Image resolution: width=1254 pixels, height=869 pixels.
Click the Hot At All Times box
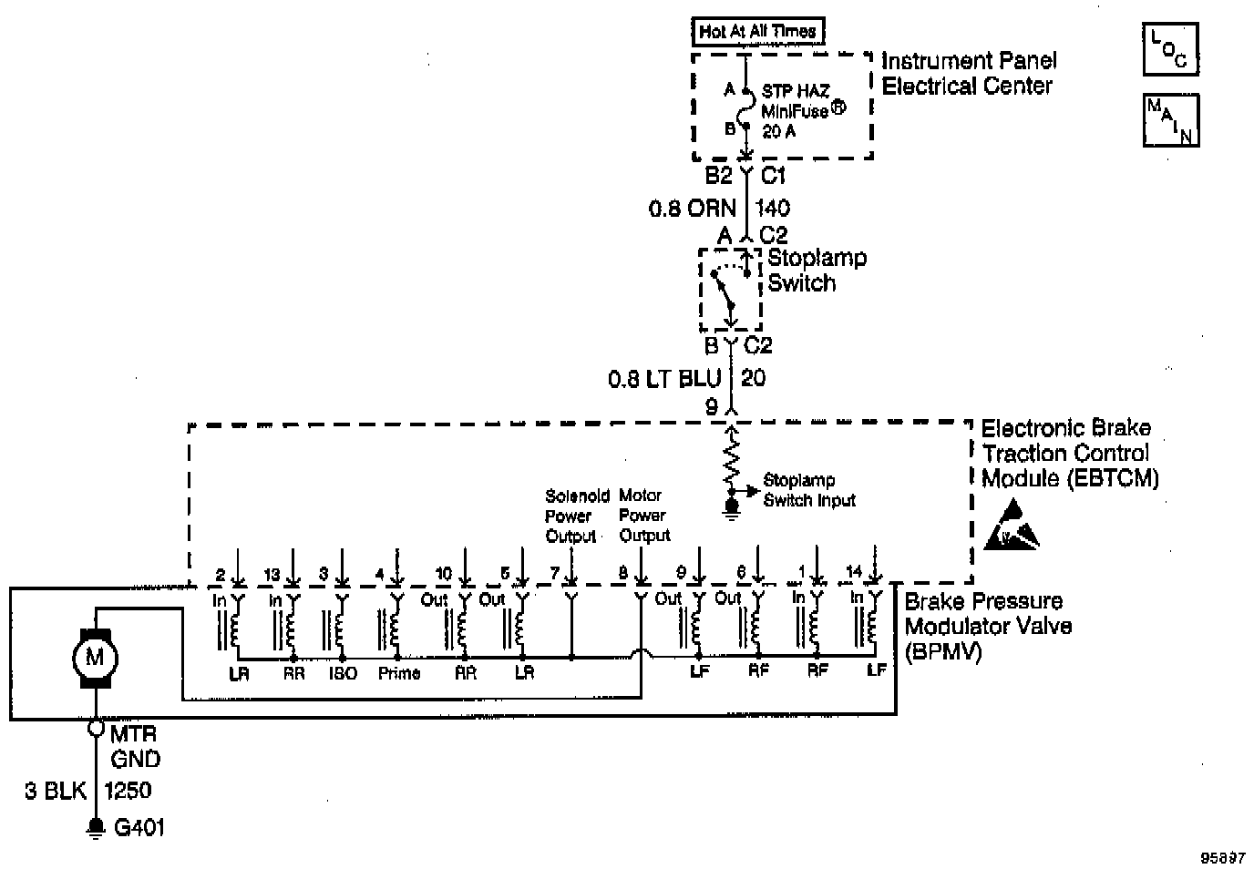click(757, 31)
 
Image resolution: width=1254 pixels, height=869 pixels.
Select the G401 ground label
click(139, 828)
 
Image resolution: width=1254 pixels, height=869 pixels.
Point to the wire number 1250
click(128, 790)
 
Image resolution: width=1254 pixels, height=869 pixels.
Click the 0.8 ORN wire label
click(692, 209)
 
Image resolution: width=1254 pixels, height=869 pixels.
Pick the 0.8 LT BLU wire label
click(664, 378)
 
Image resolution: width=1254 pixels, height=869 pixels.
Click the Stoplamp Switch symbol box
click(730, 290)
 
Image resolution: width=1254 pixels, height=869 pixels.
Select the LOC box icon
click(1169, 49)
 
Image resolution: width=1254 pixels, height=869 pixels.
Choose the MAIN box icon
click(1171, 119)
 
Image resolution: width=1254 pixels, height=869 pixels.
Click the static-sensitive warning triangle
click(1012, 527)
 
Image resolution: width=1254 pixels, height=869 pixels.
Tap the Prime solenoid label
click(398, 673)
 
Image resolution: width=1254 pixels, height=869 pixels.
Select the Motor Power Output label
click(644, 516)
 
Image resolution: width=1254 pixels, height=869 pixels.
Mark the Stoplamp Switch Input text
click(809, 490)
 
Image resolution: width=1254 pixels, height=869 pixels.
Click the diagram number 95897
click(1222, 857)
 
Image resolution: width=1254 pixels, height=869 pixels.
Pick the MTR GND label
click(135, 746)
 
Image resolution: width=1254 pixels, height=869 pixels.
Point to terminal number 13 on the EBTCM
click(272, 574)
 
